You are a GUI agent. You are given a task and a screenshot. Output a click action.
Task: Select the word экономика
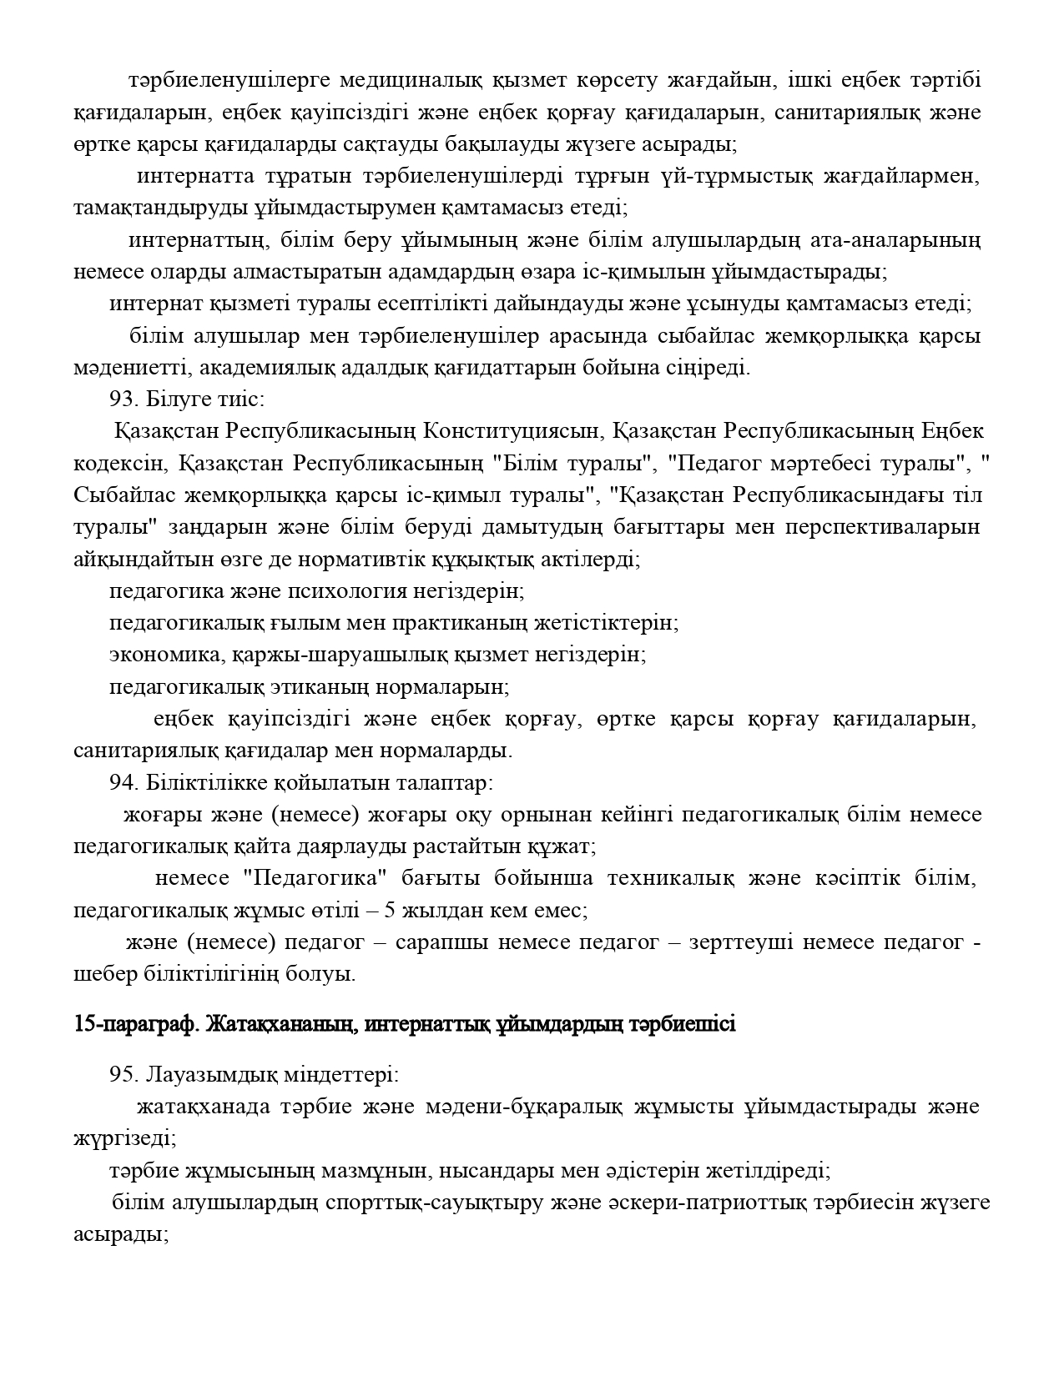coord(164,655)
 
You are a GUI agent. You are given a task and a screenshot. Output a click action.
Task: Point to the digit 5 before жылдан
coord(389,911)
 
